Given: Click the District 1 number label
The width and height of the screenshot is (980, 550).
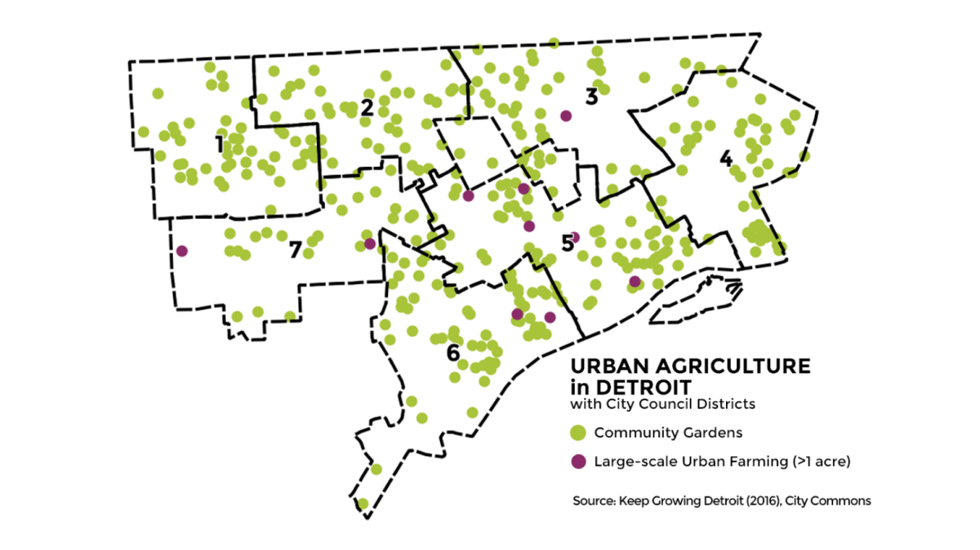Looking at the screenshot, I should click(x=219, y=145).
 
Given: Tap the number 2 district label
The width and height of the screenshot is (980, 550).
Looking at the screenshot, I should click(x=367, y=107).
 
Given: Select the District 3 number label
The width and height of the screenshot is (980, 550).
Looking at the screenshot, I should click(x=591, y=96).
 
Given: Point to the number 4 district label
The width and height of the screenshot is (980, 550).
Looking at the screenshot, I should click(x=725, y=159).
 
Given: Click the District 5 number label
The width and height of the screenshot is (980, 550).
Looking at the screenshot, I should click(x=567, y=243).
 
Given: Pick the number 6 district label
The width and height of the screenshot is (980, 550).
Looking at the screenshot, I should click(x=452, y=353).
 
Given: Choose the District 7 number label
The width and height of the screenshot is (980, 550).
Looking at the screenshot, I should click(x=296, y=250).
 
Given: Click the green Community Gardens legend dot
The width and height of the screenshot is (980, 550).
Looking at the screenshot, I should click(x=578, y=432).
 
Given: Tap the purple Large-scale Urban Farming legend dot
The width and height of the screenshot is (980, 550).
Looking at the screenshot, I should click(x=578, y=462).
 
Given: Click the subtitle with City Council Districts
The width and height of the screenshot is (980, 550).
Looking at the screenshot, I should click(x=662, y=404).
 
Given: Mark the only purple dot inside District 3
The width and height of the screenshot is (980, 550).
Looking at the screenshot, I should click(x=565, y=115).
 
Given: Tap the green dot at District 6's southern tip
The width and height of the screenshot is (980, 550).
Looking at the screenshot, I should click(x=363, y=503).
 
